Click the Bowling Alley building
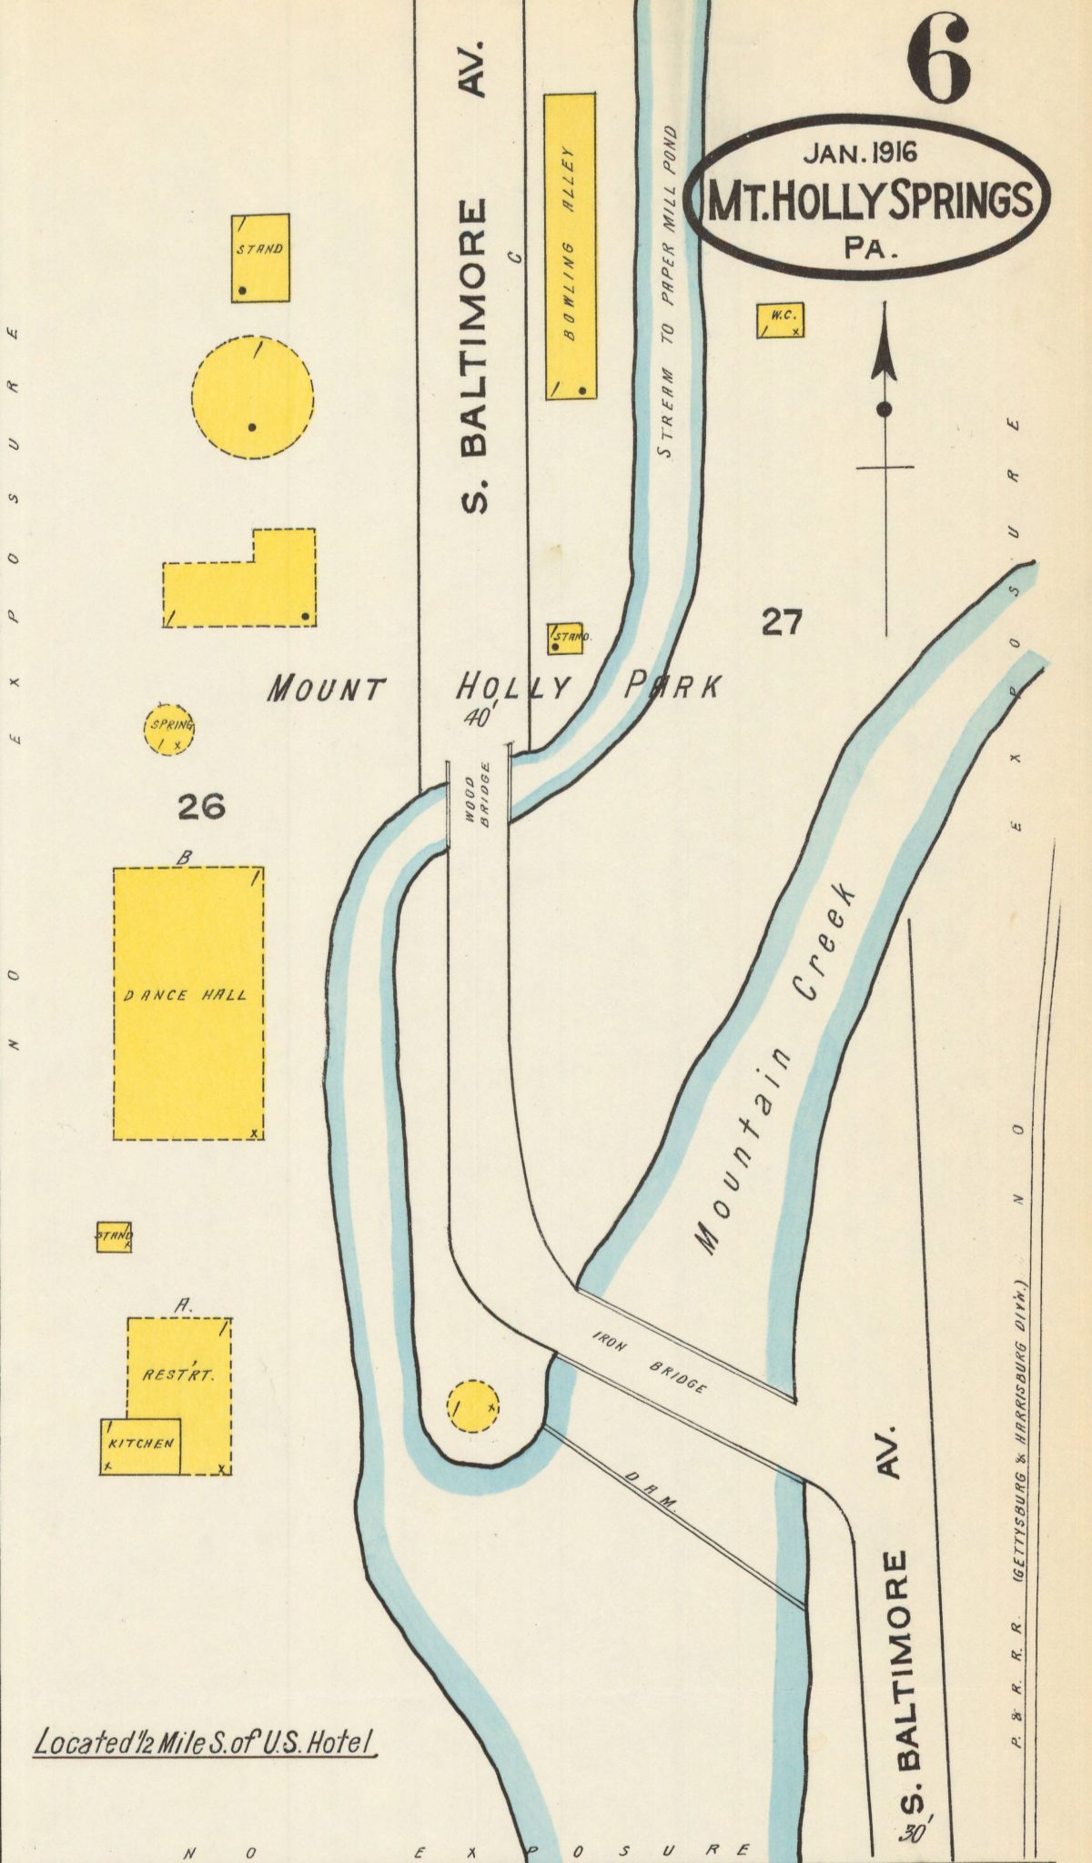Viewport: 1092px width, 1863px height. click(571, 246)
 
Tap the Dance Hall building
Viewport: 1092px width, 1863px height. click(188, 1002)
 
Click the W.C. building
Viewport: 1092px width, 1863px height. click(781, 320)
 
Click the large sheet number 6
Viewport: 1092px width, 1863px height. click(937, 64)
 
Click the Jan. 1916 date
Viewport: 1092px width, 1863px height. click(860, 153)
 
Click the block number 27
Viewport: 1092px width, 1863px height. click(783, 623)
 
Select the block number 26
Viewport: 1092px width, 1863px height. click(201, 806)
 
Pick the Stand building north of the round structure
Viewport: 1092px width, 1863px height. click(260, 258)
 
